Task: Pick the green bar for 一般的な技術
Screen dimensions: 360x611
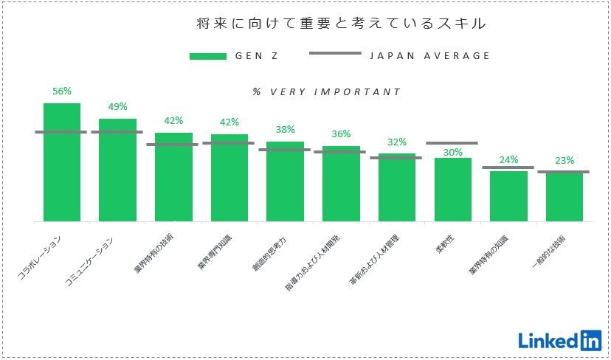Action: pyautogui.click(x=565, y=197)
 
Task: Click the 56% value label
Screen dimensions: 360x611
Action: pyautogui.click(x=62, y=91)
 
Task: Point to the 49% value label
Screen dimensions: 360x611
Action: pyautogui.click(x=117, y=107)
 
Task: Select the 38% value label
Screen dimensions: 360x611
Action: pyautogui.click(x=285, y=129)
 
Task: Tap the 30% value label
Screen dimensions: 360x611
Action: pyautogui.click(x=453, y=153)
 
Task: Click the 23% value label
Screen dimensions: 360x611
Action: pyautogui.click(x=565, y=160)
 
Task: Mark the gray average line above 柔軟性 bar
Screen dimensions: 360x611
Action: pyautogui.click(x=452, y=143)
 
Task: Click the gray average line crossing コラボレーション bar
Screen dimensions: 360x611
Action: pyautogui.click(x=61, y=132)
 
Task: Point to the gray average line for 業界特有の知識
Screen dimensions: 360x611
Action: pyautogui.click(x=508, y=167)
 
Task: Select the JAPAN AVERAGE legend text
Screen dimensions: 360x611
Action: pyautogui.click(x=429, y=55)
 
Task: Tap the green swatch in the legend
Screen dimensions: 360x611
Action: pyautogui.click(x=207, y=56)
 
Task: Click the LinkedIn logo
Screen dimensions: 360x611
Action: pyautogui.click(x=559, y=340)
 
